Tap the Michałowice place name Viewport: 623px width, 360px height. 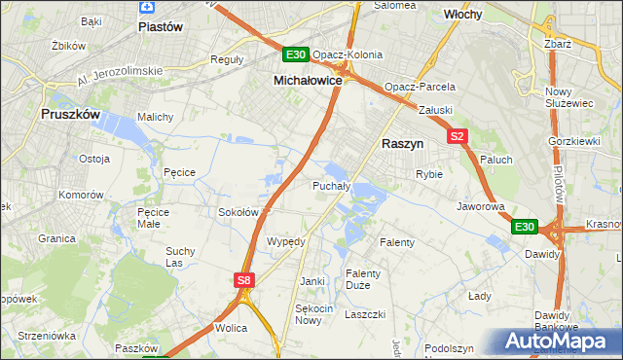point(307,81)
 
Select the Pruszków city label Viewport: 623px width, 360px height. point(71,114)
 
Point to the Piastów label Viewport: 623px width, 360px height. point(161,27)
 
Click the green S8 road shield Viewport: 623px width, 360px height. point(244,280)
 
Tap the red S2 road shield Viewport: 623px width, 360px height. point(458,137)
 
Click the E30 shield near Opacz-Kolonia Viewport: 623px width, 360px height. point(297,54)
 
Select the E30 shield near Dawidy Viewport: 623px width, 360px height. point(525,227)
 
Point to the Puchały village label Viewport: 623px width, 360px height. point(331,185)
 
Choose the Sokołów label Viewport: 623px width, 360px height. point(238,211)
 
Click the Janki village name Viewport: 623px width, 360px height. point(311,281)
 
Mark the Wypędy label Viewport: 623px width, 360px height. point(286,240)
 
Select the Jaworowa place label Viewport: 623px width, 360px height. point(480,207)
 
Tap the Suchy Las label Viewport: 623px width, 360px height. point(180,256)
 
